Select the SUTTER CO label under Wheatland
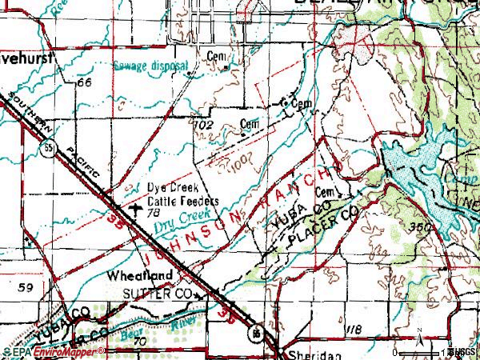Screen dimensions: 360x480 click(x=158, y=294)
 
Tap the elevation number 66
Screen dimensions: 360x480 click(x=86, y=83)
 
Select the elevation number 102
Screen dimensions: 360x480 click(x=204, y=125)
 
